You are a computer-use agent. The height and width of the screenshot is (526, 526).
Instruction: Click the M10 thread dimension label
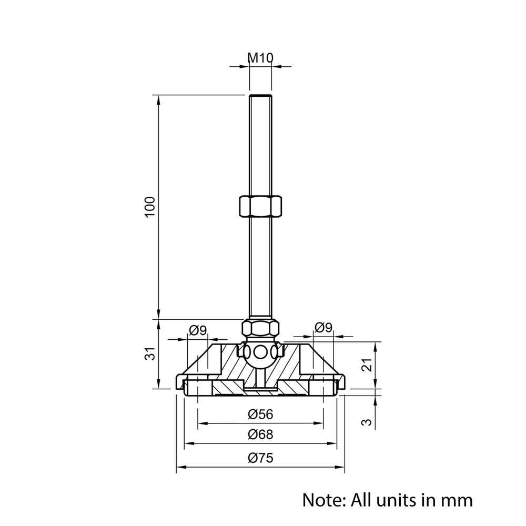[x=260, y=58]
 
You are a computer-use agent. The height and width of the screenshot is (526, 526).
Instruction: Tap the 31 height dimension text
[x=150, y=353]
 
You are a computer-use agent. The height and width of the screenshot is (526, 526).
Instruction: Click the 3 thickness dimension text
[x=368, y=421]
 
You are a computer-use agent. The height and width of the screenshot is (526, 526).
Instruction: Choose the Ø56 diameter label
[x=260, y=414]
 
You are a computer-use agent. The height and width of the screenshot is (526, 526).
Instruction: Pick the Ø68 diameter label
[x=260, y=435]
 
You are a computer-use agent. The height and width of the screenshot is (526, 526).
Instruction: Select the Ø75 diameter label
[x=260, y=458]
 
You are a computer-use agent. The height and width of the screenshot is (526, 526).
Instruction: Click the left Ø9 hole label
[x=198, y=330]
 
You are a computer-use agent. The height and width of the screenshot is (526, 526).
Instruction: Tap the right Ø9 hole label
[x=323, y=328]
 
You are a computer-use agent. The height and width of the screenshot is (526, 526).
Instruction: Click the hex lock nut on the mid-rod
[x=260, y=206]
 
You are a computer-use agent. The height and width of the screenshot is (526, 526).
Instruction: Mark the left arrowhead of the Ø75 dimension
[x=179, y=467]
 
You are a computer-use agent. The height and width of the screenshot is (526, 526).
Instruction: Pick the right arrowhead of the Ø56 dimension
[x=319, y=423]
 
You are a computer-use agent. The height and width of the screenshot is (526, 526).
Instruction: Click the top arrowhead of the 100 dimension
[x=158, y=98]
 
